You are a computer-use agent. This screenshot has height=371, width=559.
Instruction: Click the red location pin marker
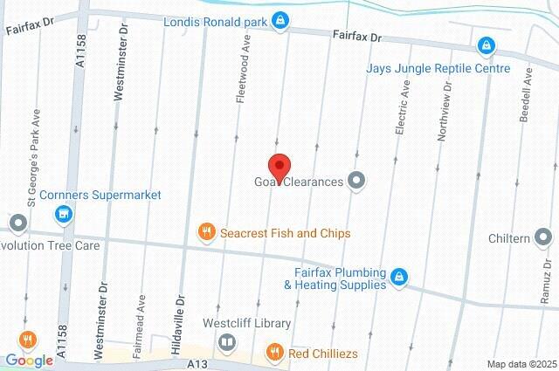coord(279,166)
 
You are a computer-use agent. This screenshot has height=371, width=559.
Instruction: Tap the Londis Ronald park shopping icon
coord(279,18)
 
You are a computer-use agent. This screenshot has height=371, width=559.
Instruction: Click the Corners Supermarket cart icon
coord(62,213)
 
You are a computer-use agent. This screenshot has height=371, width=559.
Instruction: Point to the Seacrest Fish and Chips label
coord(285,233)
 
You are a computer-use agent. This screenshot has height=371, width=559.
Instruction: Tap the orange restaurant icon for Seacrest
coord(207,232)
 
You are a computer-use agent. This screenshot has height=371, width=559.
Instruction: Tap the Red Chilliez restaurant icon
coord(274,352)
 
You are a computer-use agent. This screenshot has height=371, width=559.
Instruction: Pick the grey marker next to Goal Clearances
coord(355,182)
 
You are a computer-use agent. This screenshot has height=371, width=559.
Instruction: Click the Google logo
coord(29,360)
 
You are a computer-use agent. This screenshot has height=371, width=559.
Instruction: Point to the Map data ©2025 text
coord(521,363)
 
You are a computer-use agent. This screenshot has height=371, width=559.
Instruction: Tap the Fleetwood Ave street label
coord(246,75)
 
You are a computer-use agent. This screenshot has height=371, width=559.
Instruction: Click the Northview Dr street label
coord(445,112)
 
